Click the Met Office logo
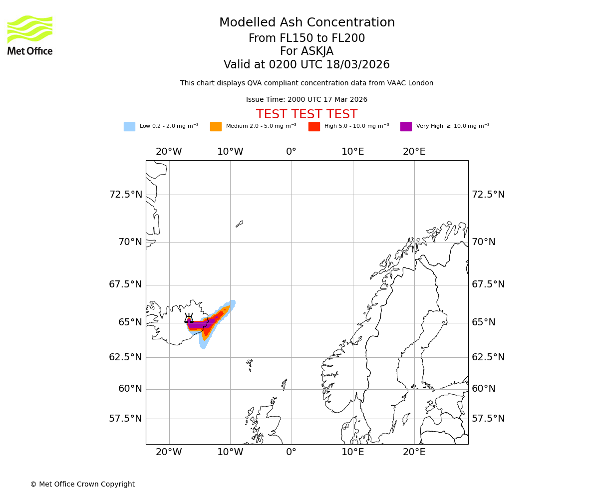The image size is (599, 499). coord(30,35)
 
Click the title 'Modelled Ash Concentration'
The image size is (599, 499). coord(306,23)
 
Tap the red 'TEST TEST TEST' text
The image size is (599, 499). coord(306,114)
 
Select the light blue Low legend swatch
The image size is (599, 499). coord(129,127)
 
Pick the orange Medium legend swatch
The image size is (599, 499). coord(216,127)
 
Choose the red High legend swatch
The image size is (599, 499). coord(314,127)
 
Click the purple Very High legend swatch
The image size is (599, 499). coord(406,127)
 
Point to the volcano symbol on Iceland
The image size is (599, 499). coord(189,318)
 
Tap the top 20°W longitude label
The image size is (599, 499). coord(169,152)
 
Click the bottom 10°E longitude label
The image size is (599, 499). coord(353,452)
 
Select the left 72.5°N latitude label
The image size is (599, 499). coord(126,195)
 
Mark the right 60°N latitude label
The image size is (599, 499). coord(484,389)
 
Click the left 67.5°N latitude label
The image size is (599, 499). coord(126,284)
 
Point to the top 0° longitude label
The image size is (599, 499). coord(292,152)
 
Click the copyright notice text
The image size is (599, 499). coord(82,484)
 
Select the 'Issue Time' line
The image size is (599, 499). coord(306,100)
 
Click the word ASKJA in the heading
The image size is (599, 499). coord(306,51)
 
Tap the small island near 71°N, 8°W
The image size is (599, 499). coord(240,224)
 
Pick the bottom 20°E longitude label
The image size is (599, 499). coord(414,452)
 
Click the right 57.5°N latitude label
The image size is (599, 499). coord(488,419)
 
